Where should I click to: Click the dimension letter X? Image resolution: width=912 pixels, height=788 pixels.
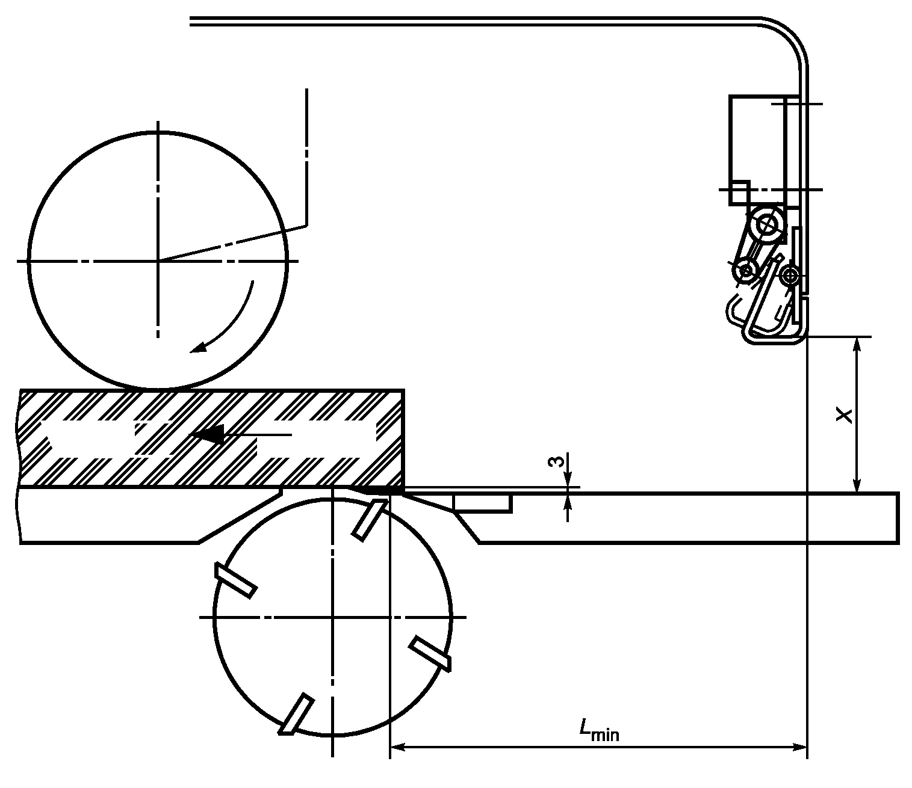845,415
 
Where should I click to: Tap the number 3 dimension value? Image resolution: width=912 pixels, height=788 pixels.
556,461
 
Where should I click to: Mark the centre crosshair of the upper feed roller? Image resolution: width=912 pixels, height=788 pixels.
158,261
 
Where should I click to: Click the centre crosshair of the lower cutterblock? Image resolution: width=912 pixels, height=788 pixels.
332,617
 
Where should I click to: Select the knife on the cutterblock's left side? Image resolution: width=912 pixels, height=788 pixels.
235,580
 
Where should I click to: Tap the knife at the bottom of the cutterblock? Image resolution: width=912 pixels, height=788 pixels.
296,716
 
